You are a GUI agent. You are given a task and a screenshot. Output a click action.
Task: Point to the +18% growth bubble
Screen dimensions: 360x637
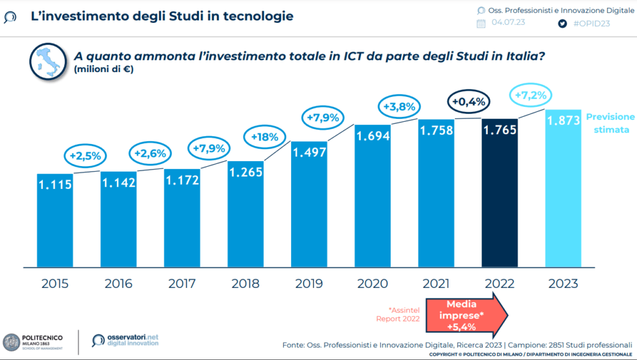[x=264, y=136]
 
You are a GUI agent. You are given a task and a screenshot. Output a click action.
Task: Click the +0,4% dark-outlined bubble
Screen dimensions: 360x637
[x=470, y=101]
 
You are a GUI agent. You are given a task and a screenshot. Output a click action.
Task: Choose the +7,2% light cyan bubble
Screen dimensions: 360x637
[x=530, y=95]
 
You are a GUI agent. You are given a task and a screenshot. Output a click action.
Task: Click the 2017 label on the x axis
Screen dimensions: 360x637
[x=182, y=284]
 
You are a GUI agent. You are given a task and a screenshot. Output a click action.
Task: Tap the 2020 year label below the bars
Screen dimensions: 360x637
[x=373, y=284]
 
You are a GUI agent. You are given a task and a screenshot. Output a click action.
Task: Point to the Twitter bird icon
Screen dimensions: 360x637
[x=563, y=23]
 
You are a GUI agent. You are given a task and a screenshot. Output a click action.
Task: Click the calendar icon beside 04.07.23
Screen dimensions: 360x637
[x=481, y=24]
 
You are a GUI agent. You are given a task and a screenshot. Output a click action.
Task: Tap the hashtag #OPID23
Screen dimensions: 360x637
[x=591, y=23]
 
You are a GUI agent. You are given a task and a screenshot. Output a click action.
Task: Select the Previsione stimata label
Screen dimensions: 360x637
[x=610, y=123]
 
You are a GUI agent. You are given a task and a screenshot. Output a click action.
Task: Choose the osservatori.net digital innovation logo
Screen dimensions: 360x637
[x=124, y=339]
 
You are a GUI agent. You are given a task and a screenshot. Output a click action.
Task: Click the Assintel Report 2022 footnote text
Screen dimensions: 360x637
[x=398, y=314]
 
